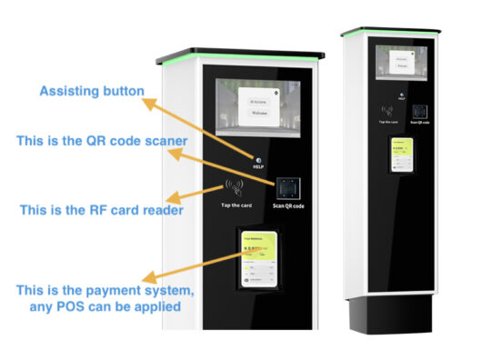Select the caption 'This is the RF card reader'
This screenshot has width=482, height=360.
[x=101, y=210]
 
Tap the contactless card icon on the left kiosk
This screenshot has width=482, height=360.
[x=233, y=189]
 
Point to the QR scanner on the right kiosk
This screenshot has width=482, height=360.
[x=419, y=111]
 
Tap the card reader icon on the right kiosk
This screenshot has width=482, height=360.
[x=386, y=112]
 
